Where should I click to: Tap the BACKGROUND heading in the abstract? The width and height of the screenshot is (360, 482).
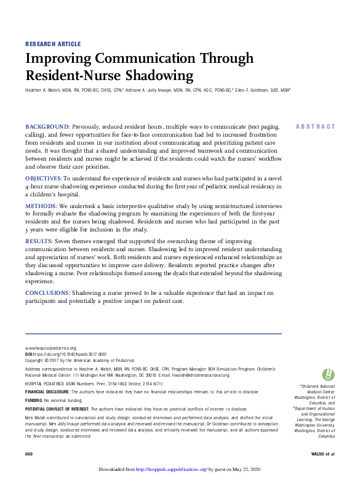(47, 126)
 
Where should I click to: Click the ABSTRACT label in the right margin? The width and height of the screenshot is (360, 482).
(316, 126)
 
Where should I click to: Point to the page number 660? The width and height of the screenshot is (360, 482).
(29, 454)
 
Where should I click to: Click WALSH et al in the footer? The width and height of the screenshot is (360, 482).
(323, 454)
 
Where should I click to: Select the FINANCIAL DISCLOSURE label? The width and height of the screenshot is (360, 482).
(47, 392)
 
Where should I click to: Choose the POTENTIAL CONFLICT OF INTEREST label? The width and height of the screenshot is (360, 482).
(62, 409)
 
